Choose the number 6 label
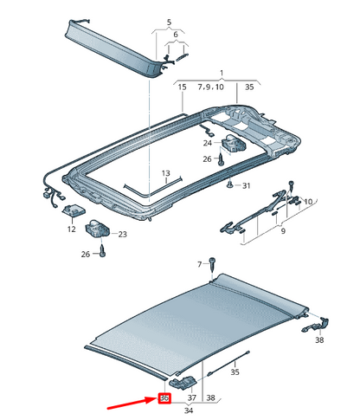(177, 36)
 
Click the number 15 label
(183, 87)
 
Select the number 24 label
(208, 143)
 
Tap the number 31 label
(247, 186)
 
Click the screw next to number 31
(228, 184)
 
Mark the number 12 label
(71, 231)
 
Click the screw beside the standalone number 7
(212, 265)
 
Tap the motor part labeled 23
(98, 229)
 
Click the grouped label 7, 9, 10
(210, 87)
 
